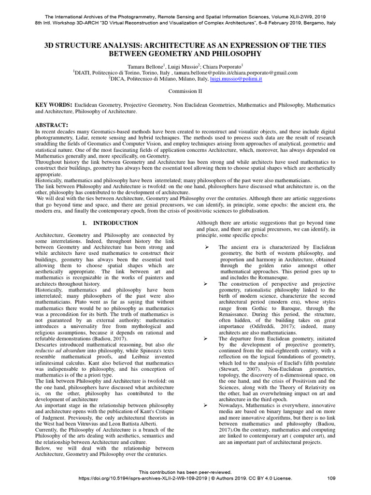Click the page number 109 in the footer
(x=331, y=479)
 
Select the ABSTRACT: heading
(x=53, y=125)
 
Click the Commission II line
(x=185, y=90)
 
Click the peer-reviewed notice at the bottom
(x=185, y=472)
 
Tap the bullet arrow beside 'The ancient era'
(x=206, y=247)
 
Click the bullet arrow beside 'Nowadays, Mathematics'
(x=206, y=405)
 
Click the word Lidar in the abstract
(x=56, y=138)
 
